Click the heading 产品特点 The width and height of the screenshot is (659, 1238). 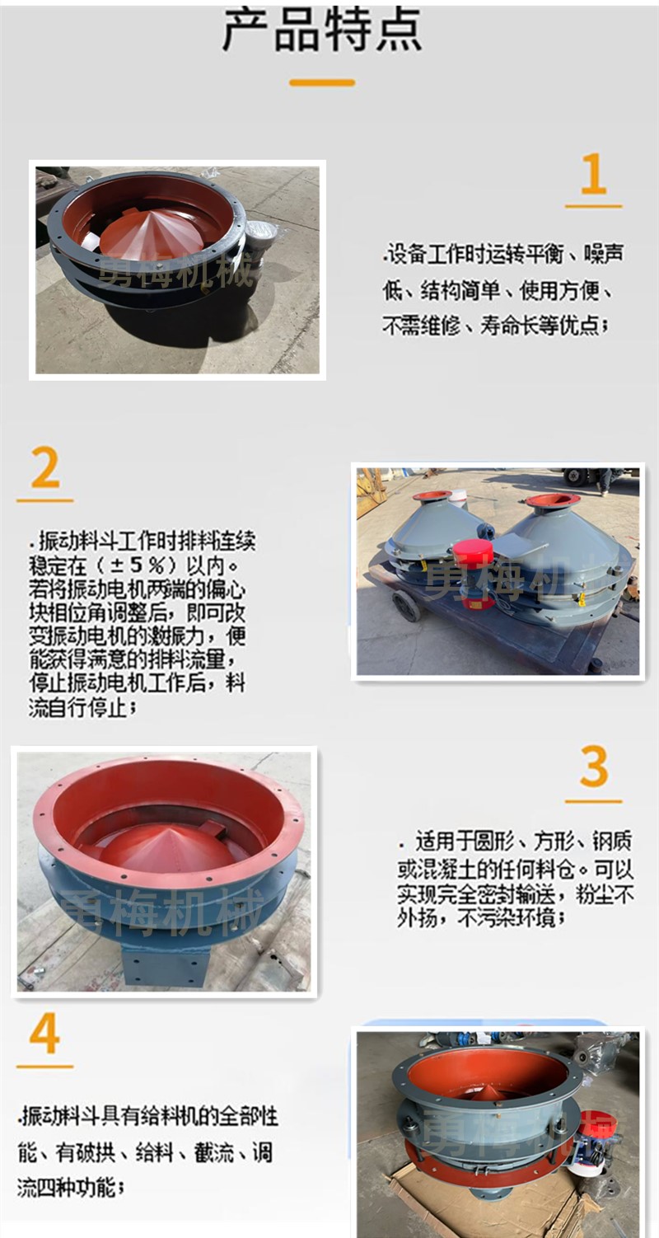tap(322, 30)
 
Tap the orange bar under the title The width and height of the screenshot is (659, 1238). tap(322, 82)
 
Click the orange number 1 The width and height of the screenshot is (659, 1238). tap(594, 173)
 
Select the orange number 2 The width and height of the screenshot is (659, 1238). tap(44, 467)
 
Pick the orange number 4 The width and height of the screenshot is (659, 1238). tap(44, 1034)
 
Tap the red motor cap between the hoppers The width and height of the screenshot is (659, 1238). tap(473, 554)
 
